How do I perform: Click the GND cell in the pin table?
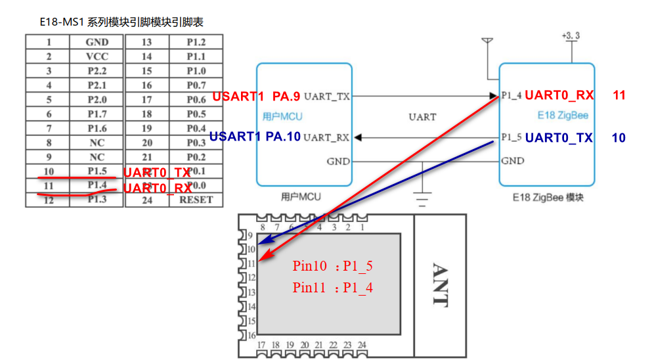click(97, 42)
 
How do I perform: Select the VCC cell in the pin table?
click(97, 56)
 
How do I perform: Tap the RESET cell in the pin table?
click(196, 200)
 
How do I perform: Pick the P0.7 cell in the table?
click(196, 85)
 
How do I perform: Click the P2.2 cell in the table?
click(97, 71)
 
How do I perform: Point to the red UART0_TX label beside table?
click(157, 173)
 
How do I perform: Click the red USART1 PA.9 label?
click(256, 97)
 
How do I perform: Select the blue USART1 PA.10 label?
click(255, 137)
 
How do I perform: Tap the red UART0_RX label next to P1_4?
click(559, 96)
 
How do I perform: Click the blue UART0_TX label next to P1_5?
click(559, 138)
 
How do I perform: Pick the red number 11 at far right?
click(619, 96)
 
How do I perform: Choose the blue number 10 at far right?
click(619, 138)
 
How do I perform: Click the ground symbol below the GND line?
click(422, 197)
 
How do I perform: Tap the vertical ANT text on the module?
click(439, 285)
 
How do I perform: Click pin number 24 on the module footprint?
click(361, 345)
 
